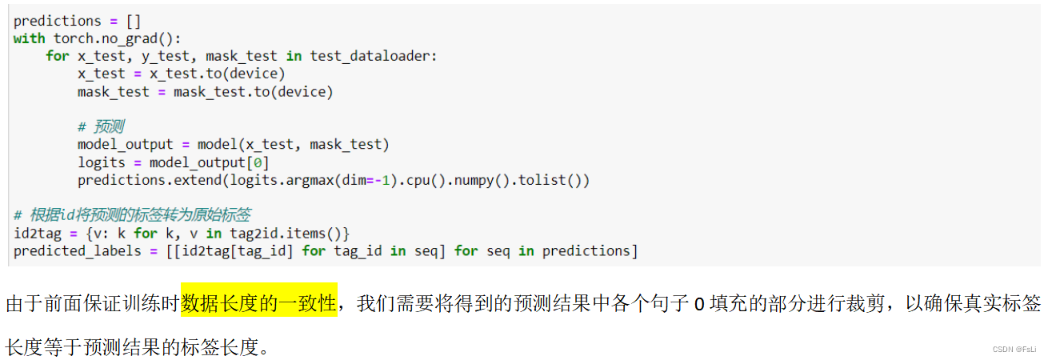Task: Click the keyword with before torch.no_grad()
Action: click(30, 38)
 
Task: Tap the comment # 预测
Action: click(101, 126)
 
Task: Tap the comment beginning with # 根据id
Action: click(132, 215)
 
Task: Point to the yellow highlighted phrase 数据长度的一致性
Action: click(258, 304)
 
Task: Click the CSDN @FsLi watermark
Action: click(1014, 350)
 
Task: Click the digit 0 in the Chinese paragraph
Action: click(698, 305)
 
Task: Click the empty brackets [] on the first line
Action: click(134, 21)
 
